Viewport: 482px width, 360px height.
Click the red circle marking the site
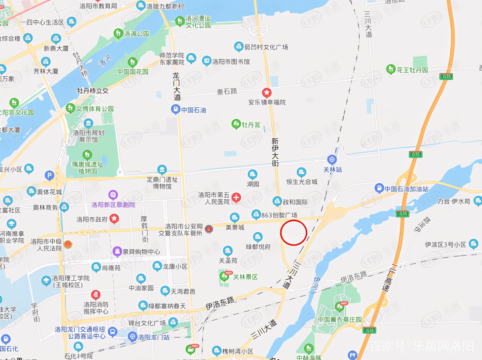pyautogui.click(x=293, y=233)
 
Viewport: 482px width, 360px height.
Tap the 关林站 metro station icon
pyautogui.click(x=332, y=160)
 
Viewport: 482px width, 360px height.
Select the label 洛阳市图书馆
pyautogui.click(x=231, y=62)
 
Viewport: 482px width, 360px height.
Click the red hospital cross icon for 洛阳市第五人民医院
pyautogui.click(x=236, y=198)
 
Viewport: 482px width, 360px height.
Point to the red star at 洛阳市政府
pyautogui.click(x=114, y=218)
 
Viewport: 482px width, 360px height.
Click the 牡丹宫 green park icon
pyautogui.click(x=236, y=124)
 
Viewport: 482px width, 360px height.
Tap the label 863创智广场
pyautogui.click(x=279, y=215)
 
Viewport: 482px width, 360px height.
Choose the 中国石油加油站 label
pyautogui.click(x=406, y=189)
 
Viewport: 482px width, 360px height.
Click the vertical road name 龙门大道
pyautogui.click(x=177, y=86)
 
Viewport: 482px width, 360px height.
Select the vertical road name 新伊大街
pyautogui.click(x=275, y=152)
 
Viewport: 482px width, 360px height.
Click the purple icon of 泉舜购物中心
pyautogui.click(x=117, y=251)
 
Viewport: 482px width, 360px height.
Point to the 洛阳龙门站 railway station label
pyautogui.click(x=153, y=337)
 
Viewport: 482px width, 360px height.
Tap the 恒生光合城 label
pyautogui.click(x=302, y=181)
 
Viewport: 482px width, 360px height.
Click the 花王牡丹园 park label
pyautogui.click(x=412, y=70)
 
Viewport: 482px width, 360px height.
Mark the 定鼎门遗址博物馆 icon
pyautogui.click(x=162, y=170)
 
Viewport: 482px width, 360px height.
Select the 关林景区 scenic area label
pyautogui.click(x=245, y=277)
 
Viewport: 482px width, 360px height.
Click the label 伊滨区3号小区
pyautogui.click(x=445, y=244)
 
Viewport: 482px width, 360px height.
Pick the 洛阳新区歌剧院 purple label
pyautogui.click(x=113, y=205)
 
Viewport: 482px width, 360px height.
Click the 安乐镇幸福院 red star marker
pyautogui.click(x=267, y=93)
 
